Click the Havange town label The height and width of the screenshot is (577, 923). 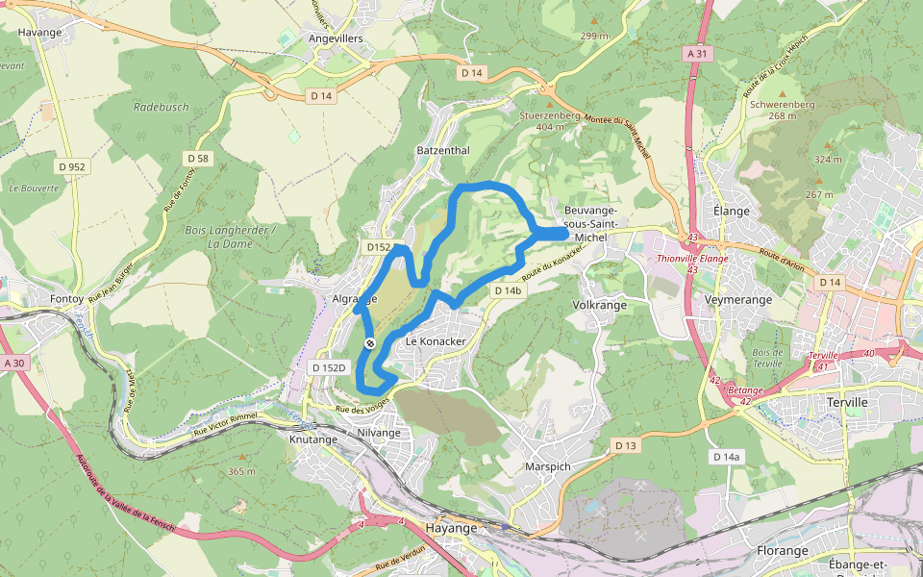pyautogui.click(x=40, y=32)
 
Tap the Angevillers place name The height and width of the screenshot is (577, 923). pyautogui.click(x=336, y=38)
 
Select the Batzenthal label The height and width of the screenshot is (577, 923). pyautogui.click(x=443, y=151)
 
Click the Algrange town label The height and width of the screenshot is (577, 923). pyautogui.click(x=354, y=299)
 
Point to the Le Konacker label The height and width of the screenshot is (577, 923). pyautogui.click(x=436, y=341)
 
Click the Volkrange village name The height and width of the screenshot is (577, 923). pyautogui.click(x=599, y=305)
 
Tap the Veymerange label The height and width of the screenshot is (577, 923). pyautogui.click(x=737, y=300)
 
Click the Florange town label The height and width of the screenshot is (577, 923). pyautogui.click(x=782, y=551)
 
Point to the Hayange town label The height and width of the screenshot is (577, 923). pyautogui.click(x=451, y=528)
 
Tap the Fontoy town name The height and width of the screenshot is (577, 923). pyautogui.click(x=66, y=299)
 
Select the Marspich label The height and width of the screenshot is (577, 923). pyautogui.click(x=549, y=466)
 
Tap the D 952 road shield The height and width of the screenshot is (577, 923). pyautogui.click(x=70, y=166)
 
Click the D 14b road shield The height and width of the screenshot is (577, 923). pyautogui.click(x=507, y=290)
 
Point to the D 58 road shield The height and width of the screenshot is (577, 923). pyautogui.click(x=198, y=158)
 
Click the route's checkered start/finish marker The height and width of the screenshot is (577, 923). pyautogui.click(x=370, y=342)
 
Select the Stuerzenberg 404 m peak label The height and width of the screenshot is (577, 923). pyautogui.click(x=550, y=119)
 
